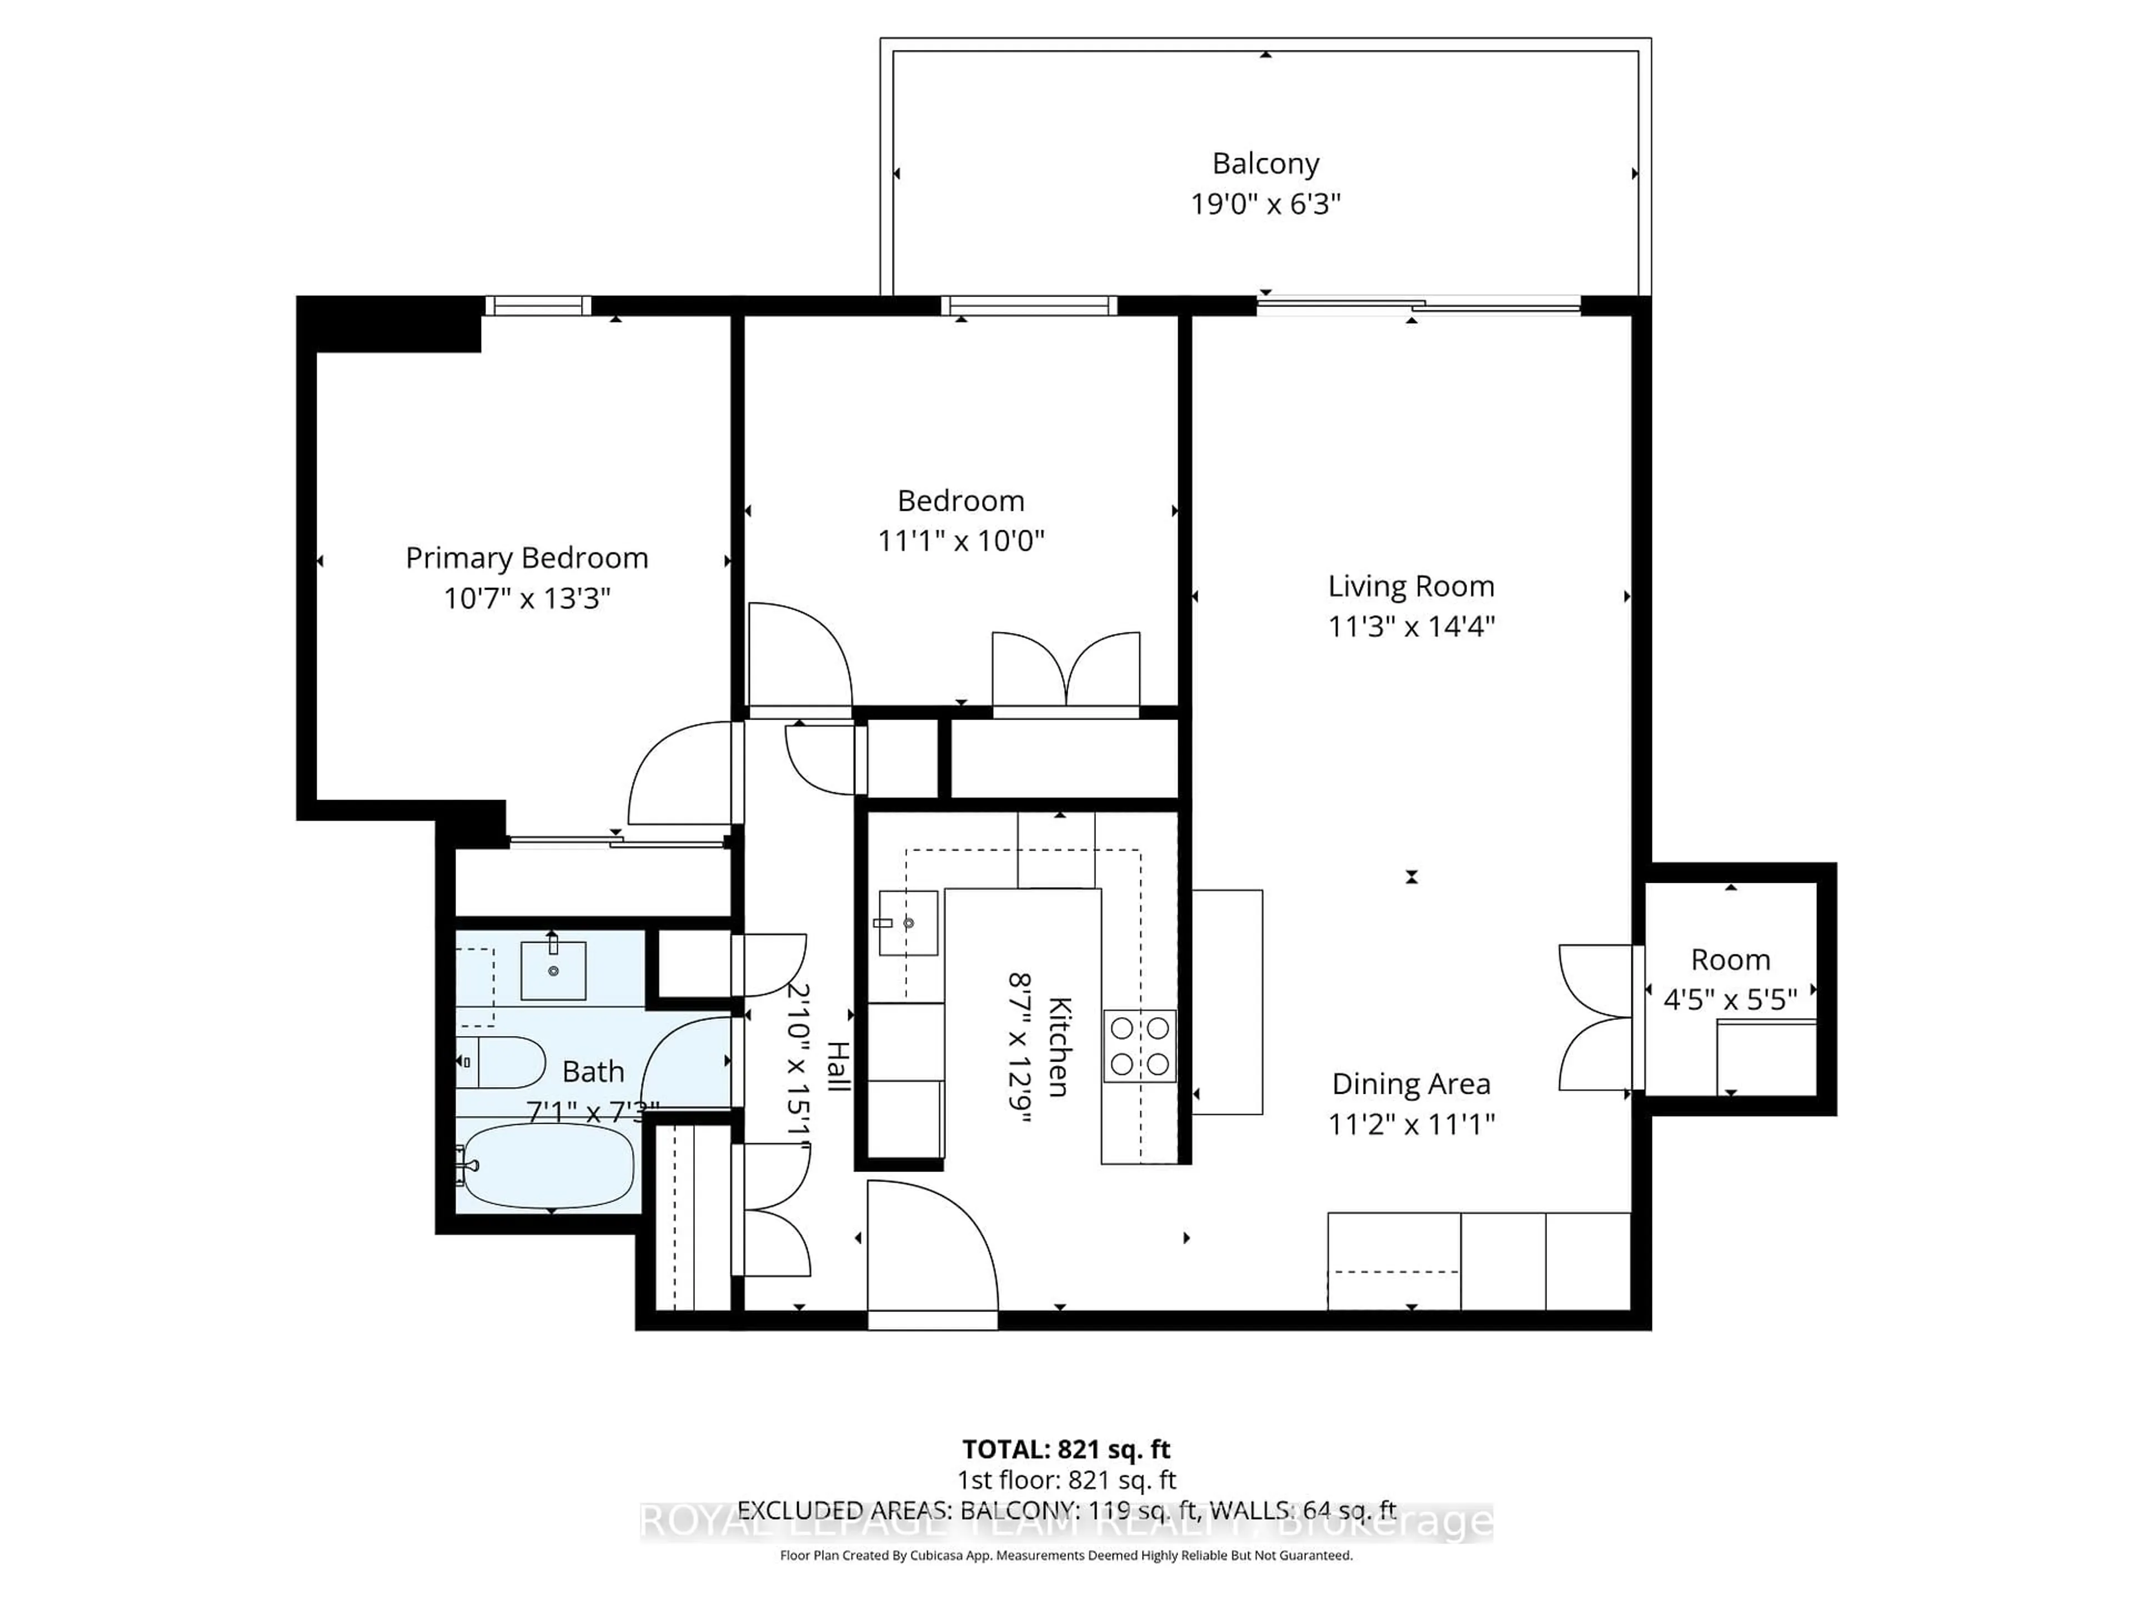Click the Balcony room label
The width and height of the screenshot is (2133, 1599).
pyautogui.click(x=1265, y=164)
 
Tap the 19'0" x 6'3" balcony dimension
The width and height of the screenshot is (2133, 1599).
pyautogui.click(x=1265, y=204)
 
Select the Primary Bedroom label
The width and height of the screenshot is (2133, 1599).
pyautogui.click(x=527, y=558)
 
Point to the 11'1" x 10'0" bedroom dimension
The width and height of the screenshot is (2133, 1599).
pyautogui.click(x=960, y=541)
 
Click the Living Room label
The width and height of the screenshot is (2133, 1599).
pyautogui.click(x=1411, y=586)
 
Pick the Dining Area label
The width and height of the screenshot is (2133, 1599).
pyautogui.click(x=1411, y=1084)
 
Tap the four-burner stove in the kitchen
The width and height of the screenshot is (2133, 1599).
pyautogui.click(x=1140, y=1046)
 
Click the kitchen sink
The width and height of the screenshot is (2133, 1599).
pyautogui.click(x=908, y=922)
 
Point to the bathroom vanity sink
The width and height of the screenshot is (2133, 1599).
pyautogui.click(x=553, y=971)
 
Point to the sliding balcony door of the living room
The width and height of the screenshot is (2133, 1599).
pyautogui.click(x=1418, y=305)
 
